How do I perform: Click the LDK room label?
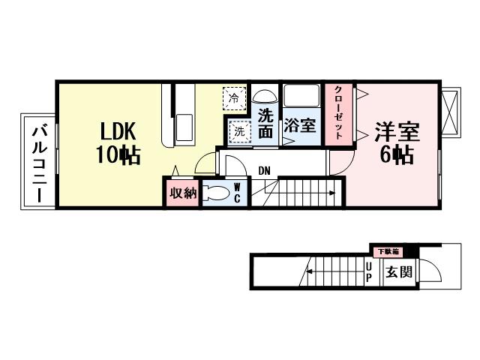pos(116,133)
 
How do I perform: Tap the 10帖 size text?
pos(116,156)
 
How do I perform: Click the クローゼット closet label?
pos(338,113)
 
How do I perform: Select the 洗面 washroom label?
pos(265,124)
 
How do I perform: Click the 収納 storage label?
pos(182,193)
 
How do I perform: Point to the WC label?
pos(236,192)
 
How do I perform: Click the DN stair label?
pos(264,171)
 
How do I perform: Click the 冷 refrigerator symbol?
pos(233,97)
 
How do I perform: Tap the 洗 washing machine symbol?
pos(238,130)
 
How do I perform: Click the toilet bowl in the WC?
pos(217,193)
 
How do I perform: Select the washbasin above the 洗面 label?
pos(264,97)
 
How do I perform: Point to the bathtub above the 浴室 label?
pos(301,97)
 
